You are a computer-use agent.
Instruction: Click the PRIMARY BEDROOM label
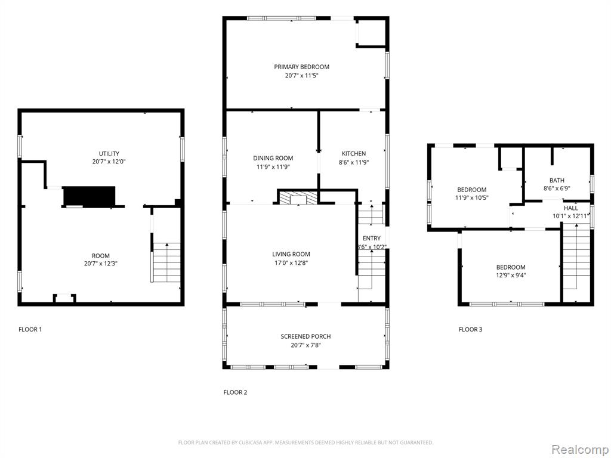pos(301,67)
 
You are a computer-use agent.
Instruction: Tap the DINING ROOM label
pos(273,158)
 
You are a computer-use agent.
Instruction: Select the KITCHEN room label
pos(354,153)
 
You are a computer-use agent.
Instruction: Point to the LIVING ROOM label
pos(291,254)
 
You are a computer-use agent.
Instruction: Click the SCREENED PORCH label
pos(306,336)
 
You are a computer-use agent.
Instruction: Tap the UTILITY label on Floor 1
pos(109,153)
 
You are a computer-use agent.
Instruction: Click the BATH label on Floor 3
pos(557,180)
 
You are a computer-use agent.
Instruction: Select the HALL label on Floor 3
pos(571,208)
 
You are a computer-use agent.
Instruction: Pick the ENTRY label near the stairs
pos(372,239)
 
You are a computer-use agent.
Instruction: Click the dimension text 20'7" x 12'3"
pos(101,264)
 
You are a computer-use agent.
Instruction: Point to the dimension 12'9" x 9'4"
pos(511,276)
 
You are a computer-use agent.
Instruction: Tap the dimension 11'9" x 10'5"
pos(472,198)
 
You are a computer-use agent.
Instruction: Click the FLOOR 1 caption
pos(30,329)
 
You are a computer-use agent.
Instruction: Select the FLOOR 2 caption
pos(235,392)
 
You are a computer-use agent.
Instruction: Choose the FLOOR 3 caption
pos(471,329)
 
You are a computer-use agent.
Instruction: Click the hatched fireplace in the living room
pos(298,197)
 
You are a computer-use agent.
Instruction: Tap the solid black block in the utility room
pos(90,196)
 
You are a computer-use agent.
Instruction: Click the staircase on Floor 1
pos(167,262)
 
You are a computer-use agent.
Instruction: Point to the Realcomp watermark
pos(580,450)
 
